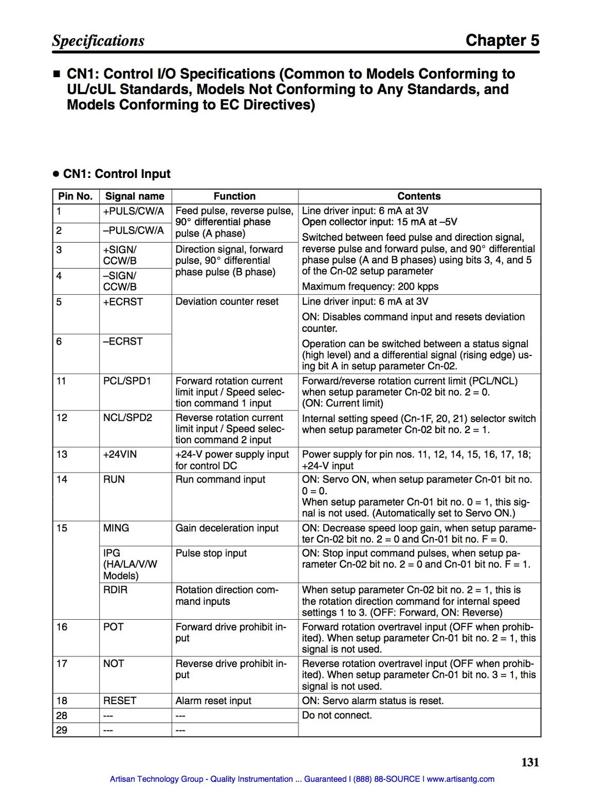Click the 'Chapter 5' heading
click(502, 41)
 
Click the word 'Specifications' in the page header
click(98, 41)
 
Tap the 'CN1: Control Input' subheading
click(117, 174)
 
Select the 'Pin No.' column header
click(76, 196)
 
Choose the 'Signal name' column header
click(135, 196)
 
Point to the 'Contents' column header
click(419, 196)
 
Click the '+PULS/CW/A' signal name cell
click(134, 211)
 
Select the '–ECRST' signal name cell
click(123, 342)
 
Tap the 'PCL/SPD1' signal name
click(127, 381)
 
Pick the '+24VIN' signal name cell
click(120, 455)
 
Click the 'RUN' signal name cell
click(114, 480)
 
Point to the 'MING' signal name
click(116, 528)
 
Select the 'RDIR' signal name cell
click(115, 590)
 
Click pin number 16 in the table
click(62, 627)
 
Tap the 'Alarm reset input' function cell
click(213, 701)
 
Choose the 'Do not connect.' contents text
click(337, 715)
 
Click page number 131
click(530, 762)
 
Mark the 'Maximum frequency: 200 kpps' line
click(370, 286)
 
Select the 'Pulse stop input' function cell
click(211, 553)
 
